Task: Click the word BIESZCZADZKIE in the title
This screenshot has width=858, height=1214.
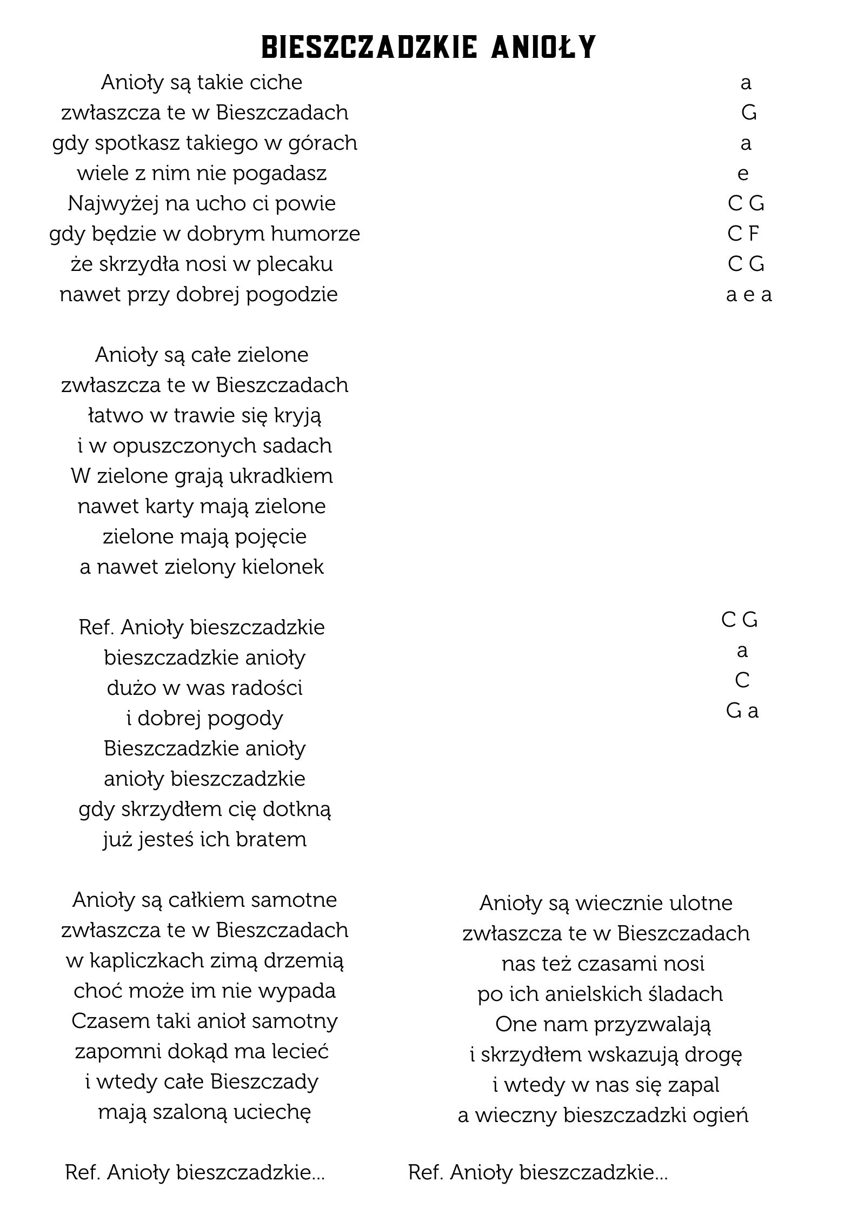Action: pyautogui.click(x=369, y=48)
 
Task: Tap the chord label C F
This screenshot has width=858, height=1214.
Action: pyautogui.click(x=743, y=234)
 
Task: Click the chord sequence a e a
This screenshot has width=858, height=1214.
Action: pyautogui.click(x=749, y=295)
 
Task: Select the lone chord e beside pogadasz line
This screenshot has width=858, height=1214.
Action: pyautogui.click(x=743, y=174)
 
